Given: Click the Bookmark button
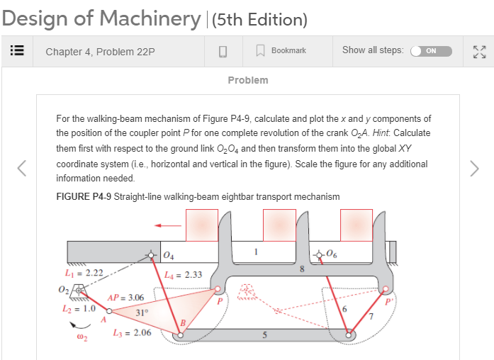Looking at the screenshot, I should (281, 51).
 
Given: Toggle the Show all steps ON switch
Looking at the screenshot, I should (432, 51).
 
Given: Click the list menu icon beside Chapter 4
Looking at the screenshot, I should (16, 51).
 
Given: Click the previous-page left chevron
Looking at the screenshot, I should (22, 168).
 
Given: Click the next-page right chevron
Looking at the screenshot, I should (474, 168).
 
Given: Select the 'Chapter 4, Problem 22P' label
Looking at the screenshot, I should (100, 51).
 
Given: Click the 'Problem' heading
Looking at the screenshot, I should (248, 80).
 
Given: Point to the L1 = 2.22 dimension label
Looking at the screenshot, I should (84, 273).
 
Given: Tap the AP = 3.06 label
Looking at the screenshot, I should (125, 298).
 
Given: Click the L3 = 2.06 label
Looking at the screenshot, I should (132, 332).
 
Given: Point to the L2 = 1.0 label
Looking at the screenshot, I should (79, 310).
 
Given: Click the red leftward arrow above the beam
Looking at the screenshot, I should (168, 226).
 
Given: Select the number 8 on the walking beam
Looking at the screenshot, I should (302, 269).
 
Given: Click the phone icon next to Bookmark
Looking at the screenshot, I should (222, 51).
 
